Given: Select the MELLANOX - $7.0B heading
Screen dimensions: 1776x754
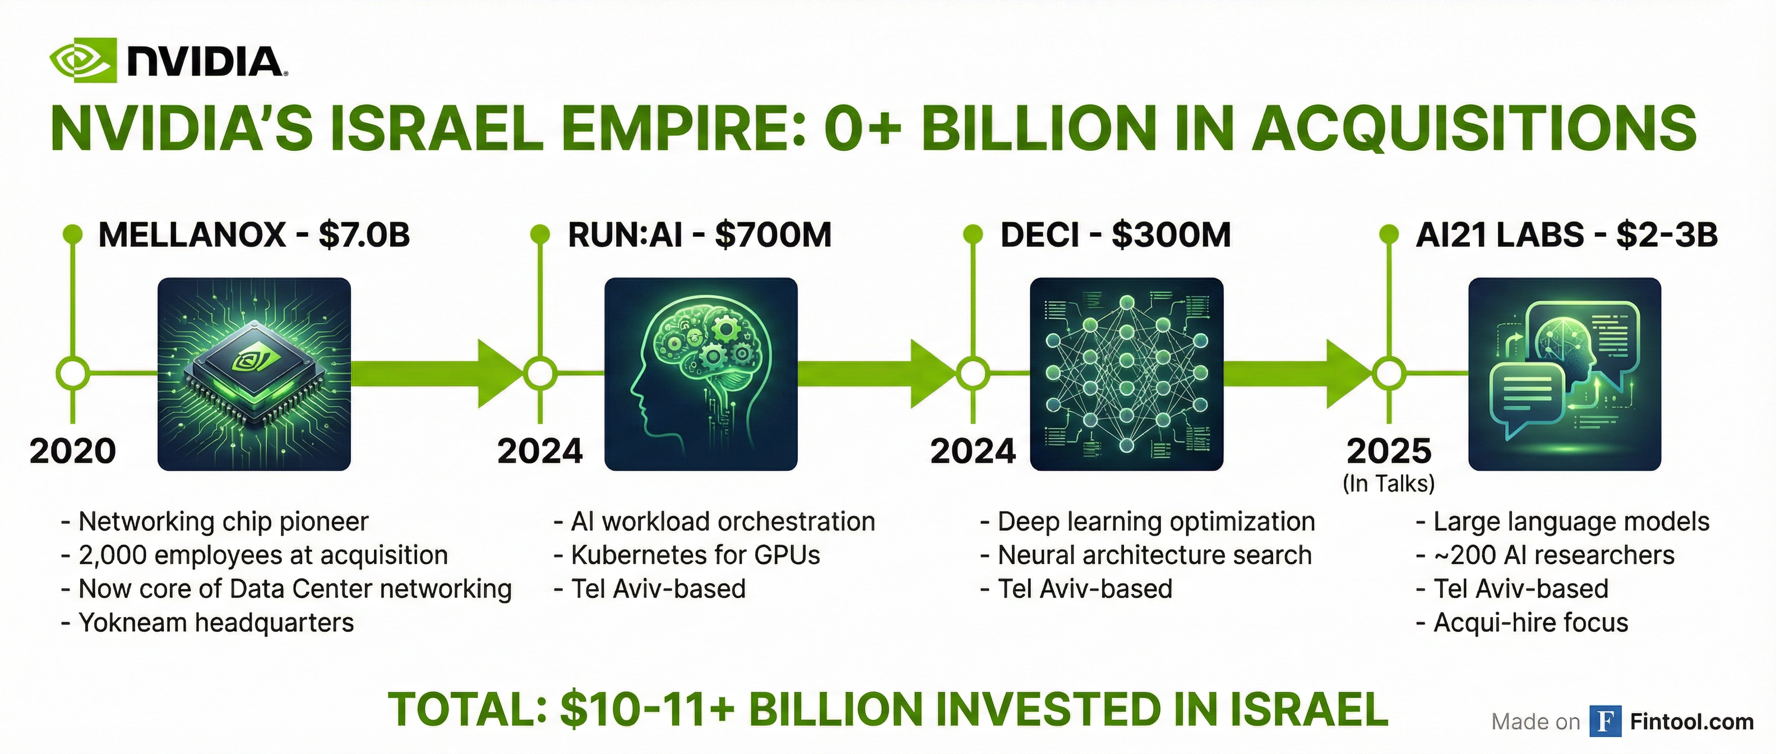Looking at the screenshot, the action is (255, 235).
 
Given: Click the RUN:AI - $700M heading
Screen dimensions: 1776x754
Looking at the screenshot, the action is (700, 235).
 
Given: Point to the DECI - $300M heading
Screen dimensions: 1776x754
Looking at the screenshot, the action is (1116, 235).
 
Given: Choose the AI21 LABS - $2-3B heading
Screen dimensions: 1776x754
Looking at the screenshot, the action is (1566, 235).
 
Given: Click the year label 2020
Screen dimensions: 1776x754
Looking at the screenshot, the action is (72, 451).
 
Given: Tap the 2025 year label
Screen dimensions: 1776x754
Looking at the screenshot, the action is (1389, 451).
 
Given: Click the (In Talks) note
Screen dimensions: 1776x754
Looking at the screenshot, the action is (1389, 484).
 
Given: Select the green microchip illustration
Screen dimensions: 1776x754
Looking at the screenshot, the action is (255, 374).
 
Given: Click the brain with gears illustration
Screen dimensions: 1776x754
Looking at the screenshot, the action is (701, 374).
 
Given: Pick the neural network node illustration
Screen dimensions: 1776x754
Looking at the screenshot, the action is (1127, 374).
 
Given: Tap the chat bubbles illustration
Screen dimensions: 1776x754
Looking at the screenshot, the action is (1564, 374).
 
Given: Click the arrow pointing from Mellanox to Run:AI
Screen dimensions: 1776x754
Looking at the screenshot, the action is (438, 374).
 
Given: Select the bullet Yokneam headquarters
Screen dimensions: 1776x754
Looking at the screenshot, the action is (207, 622).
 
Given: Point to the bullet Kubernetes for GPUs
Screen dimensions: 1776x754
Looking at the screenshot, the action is (687, 555).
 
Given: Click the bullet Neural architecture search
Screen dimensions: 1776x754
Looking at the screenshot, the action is (1146, 555).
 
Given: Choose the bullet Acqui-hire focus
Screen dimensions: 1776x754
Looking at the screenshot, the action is (1522, 622).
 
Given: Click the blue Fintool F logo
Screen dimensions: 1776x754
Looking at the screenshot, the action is (1606, 721).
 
